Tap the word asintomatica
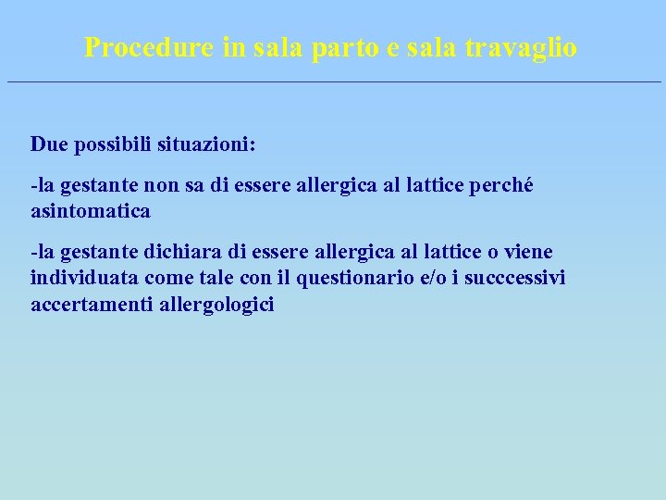(x=90, y=211)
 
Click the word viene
(x=529, y=253)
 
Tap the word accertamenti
(x=88, y=304)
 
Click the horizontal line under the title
(x=333, y=82)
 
